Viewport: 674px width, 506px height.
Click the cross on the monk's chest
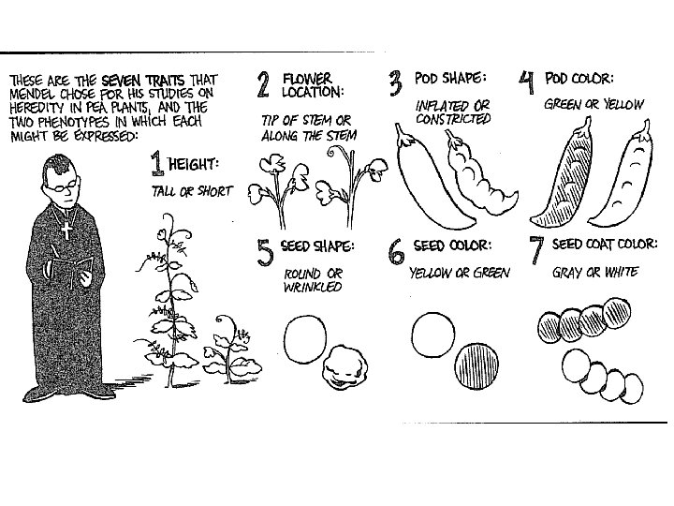(x=66, y=228)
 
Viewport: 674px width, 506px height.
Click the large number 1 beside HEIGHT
(x=159, y=166)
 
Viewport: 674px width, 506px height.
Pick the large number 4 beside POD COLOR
(x=528, y=85)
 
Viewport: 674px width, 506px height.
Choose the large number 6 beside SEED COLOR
(x=397, y=251)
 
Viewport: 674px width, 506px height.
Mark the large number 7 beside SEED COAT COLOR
(x=536, y=251)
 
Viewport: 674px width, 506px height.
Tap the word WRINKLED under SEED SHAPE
(x=313, y=288)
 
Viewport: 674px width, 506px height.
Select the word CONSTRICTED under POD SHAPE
(x=453, y=119)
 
